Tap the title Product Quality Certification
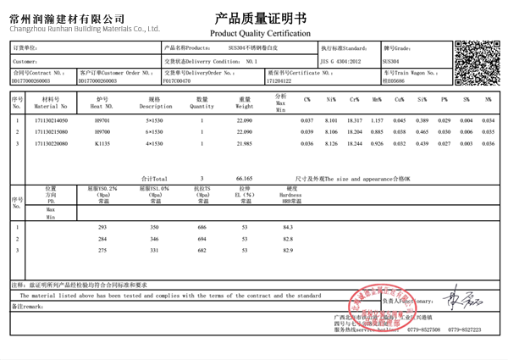[x=256, y=32]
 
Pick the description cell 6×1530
[x=154, y=133]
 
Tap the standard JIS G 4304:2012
[x=342, y=62]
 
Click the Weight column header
[x=245, y=104]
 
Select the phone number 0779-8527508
[x=423, y=330]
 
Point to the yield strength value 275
[x=103, y=252]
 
